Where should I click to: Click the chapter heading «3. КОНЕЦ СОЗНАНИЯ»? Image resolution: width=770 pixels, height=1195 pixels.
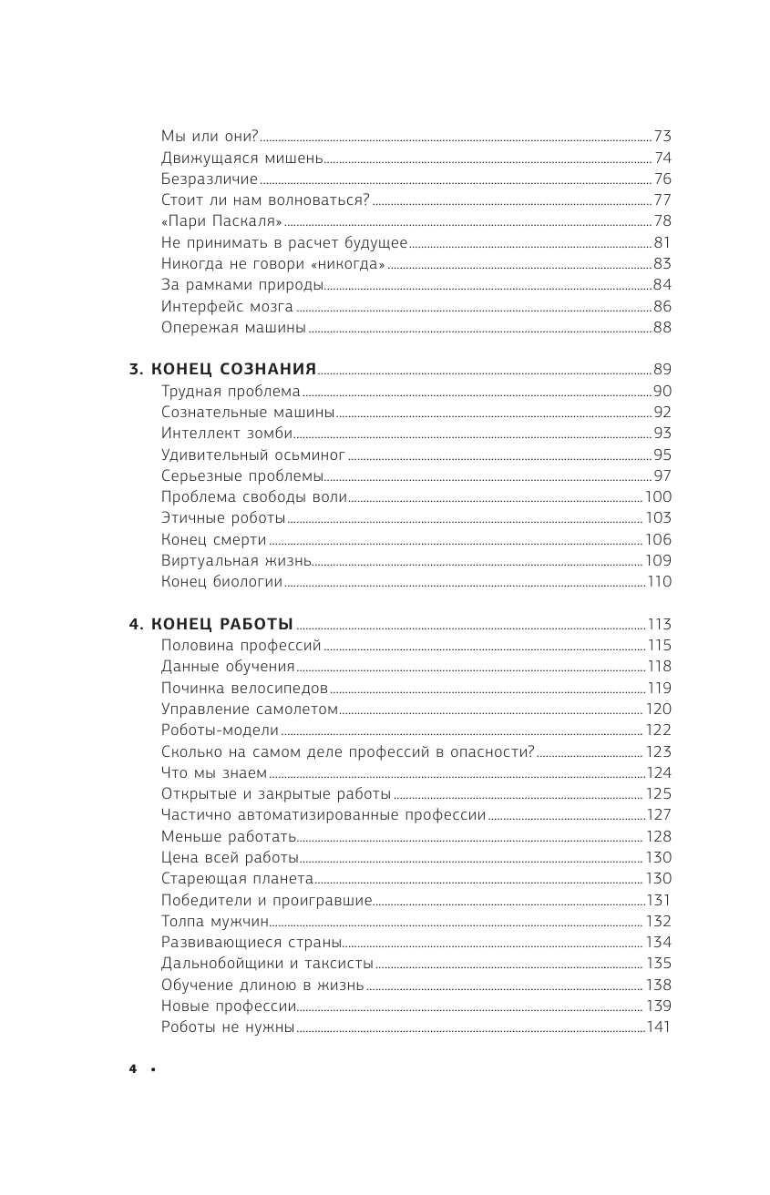click(x=221, y=369)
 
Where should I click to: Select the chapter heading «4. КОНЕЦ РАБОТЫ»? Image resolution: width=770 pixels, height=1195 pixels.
click(x=210, y=624)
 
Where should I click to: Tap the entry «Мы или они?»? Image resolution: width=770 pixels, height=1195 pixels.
click(x=210, y=137)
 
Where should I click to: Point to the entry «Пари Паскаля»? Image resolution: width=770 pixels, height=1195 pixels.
click(x=221, y=221)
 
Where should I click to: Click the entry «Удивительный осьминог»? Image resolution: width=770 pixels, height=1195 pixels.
click(x=253, y=455)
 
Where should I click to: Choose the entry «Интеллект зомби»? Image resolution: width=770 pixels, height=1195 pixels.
click(x=227, y=434)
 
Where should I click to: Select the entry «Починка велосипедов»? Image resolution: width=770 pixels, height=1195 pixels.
click(x=244, y=688)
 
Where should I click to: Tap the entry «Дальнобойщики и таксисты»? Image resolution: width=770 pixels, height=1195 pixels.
click(x=267, y=963)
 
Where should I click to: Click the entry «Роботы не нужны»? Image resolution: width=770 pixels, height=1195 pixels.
click(x=228, y=1026)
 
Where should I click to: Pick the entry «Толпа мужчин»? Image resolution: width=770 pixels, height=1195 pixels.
click(x=214, y=921)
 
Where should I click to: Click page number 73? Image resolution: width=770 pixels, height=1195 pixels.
click(x=662, y=137)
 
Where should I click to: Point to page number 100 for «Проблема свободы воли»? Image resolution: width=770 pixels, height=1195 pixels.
click(x=658, y=496)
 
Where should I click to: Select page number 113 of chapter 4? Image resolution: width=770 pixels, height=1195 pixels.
click(x=659, y=624)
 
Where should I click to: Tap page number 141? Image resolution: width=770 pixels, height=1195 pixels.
click(x=659, y=1026)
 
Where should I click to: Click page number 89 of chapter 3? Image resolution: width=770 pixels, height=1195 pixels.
click(x=662, y=369)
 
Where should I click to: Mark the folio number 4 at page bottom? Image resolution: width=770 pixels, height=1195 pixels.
click(x=132, y=1069)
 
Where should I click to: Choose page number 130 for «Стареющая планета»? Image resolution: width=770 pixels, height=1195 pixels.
click(x=658, y=878)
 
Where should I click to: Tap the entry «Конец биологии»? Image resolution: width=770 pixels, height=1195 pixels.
click(x=221, y=582)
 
